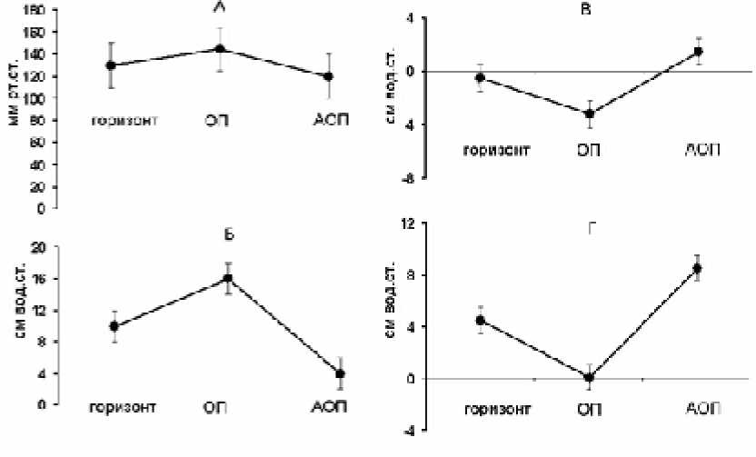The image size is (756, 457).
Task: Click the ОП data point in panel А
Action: (x=221, y=49)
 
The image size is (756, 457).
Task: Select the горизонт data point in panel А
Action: (x=111, y=65)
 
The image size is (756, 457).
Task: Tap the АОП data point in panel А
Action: (x=328, y=76)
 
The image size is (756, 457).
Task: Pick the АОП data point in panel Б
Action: (x=339, y=373)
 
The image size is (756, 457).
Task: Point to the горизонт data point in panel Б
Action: (x=114, y=326)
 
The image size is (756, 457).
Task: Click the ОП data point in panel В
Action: (x=590, y=114)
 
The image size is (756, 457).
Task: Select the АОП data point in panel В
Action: (x=699, y=51)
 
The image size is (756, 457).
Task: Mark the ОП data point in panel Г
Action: (x=589, y=377)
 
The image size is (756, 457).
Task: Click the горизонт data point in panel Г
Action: (x=481, y=320)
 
